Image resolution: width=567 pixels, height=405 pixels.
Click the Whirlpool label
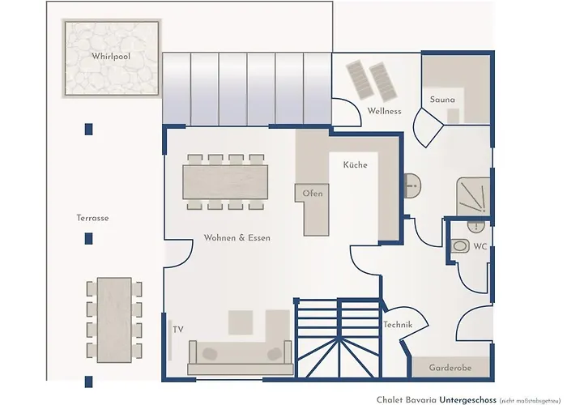point(111,56)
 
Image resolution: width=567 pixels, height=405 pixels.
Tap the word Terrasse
point(92,218)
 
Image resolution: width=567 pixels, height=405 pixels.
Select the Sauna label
point(442,100)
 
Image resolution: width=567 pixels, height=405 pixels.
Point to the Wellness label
point(384,111)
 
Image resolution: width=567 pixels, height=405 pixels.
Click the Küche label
point(355,165)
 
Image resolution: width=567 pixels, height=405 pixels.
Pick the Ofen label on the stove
point(313,194)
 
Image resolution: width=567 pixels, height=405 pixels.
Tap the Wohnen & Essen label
point(237,238)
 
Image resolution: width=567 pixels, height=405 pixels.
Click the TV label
point(178,330)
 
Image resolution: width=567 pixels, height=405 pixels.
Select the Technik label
point(398,325)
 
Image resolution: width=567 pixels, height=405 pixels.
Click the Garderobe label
point(450,368)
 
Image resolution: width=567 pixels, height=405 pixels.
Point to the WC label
point(480,246)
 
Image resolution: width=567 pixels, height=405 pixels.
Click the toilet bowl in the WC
point(460,246)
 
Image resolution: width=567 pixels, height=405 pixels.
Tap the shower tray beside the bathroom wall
point(473,196)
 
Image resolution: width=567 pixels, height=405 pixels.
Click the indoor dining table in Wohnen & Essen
point(225,182)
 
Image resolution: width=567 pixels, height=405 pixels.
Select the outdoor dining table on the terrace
point(114,320)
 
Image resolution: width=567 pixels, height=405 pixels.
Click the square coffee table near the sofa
point(241,322)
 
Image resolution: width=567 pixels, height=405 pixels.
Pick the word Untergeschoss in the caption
point(467,399)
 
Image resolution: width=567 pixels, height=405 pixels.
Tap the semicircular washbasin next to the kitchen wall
point(411,185)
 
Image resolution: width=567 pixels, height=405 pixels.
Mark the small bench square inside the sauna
point(453,116)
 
